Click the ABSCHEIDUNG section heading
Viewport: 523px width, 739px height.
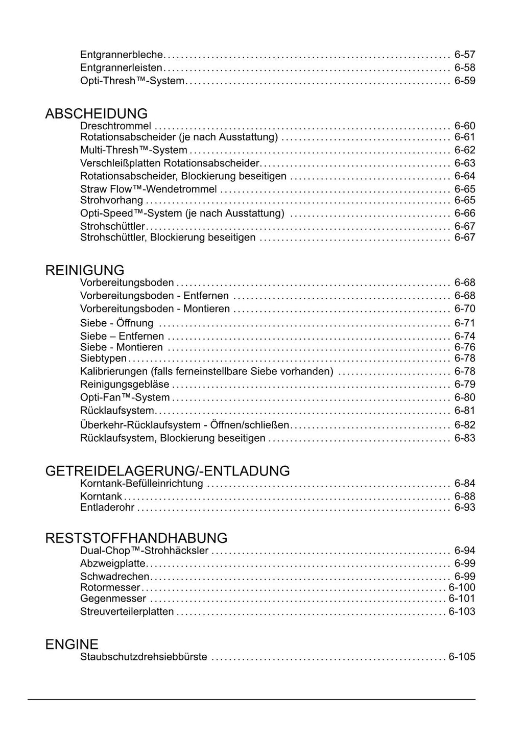click(x=96, y=113)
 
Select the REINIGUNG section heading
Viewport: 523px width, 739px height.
click(x=85, y=270)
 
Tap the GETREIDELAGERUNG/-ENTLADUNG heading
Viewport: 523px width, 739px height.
click(x=168, y=471)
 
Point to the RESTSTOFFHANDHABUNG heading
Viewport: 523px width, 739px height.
click(x=136, y=538)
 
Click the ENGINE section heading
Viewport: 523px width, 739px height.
click(x=72, y=645)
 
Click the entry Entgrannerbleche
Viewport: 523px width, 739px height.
click(x=122, y=55)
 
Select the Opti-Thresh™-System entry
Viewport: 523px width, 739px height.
click(x=132, y=81)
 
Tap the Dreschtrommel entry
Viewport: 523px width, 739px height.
click(x=115, y=126)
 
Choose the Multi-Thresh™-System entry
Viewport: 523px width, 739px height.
click(x=133, y=150)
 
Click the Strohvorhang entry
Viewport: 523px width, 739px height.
click(x=111, y=200)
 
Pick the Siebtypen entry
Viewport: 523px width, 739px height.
click(x=103, y=358)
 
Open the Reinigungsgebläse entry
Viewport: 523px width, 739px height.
click(x=125, y=385)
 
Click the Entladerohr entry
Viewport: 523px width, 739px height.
click(x=107, y=507)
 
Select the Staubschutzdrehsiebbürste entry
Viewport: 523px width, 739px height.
click(x=144, y=657)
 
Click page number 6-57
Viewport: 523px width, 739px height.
click(x=465, y=55)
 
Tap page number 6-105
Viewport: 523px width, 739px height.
click(x=462, y=657)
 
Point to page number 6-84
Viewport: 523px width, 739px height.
click(x=465, y=483)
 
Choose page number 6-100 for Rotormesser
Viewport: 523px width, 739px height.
click(x=462, y=587)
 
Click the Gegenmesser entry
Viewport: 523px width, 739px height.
click(x=113, y=599)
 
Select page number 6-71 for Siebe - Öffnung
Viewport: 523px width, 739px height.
click(x=465, y=323)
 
